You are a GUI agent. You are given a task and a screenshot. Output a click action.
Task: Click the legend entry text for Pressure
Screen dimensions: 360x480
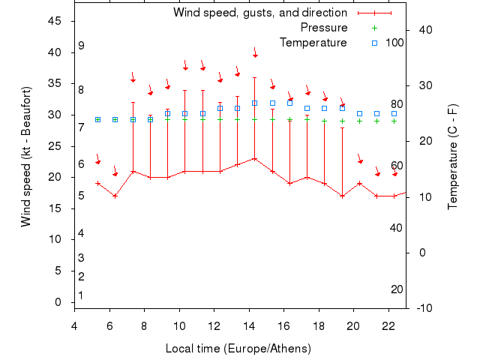click(323, 28)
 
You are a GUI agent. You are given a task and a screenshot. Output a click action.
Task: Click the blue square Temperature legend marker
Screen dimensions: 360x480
click(376, 43)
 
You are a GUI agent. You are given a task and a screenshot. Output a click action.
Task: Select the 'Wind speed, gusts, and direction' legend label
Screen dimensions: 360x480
click(259, 13)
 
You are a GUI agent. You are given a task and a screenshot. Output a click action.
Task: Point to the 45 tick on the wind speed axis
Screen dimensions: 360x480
click(55, 21)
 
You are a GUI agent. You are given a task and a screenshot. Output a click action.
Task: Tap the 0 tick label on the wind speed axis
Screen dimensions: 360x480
click(58, 302)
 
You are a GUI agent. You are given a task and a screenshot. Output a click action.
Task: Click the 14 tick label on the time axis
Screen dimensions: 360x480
click(249, 325)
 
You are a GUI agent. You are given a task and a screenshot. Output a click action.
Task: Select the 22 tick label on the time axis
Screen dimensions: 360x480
click(388, 325)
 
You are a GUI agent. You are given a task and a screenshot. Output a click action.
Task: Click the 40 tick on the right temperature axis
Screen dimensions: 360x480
click(425, 30)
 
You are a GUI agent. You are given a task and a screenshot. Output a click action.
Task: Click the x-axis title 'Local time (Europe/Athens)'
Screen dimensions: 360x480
click(238, 349)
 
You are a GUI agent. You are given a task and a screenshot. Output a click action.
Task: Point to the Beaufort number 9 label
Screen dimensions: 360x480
click(81, 46)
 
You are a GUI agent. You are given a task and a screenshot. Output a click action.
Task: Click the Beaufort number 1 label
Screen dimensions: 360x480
click(81, 295)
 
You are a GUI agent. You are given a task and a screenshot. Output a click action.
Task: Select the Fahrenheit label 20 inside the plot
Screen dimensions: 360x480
click(397, 289)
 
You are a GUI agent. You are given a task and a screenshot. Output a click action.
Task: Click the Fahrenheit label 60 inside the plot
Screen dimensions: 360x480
click(397, 166)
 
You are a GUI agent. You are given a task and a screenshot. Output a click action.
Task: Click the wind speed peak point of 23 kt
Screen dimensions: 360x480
click(255, 159)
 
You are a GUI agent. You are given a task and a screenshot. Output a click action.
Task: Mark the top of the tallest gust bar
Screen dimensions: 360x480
click(255, 77)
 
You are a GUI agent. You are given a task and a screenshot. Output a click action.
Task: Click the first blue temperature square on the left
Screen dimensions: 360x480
click(98, 119)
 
